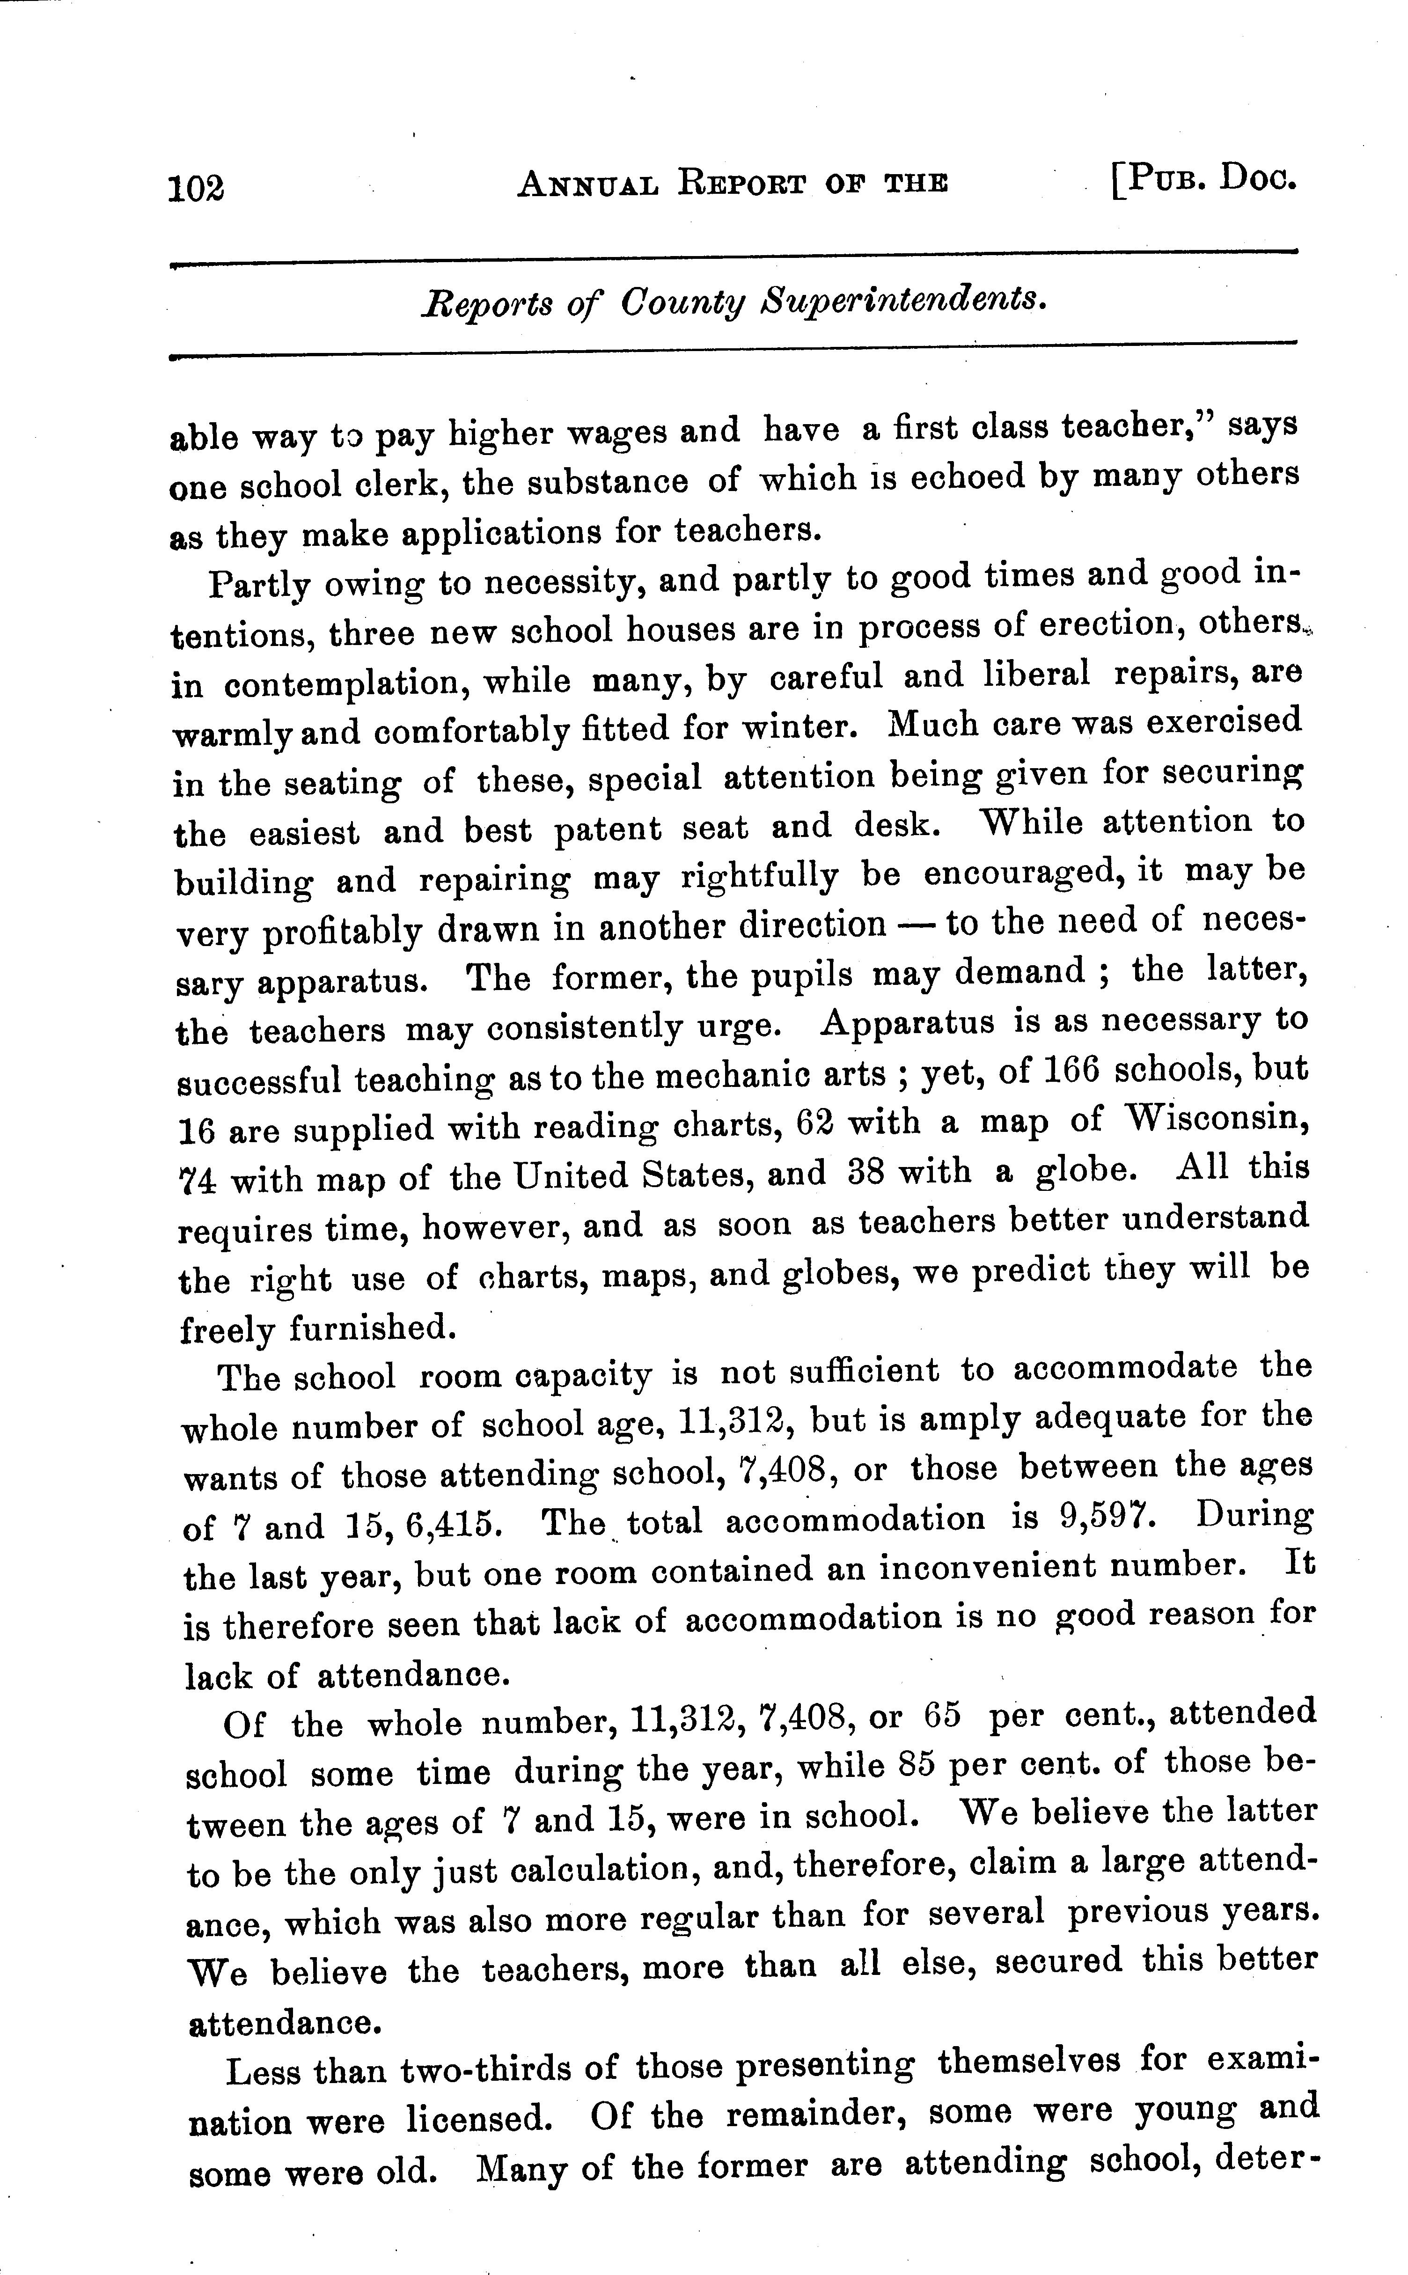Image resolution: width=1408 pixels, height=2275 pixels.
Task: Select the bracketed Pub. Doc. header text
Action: click(1203, 177)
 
